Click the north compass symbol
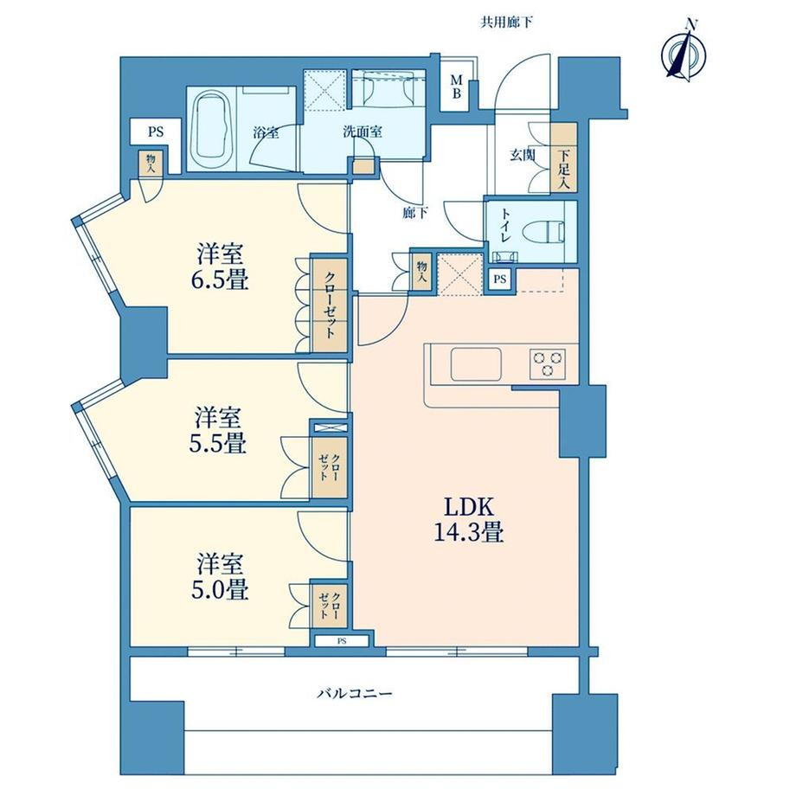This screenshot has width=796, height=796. (x=684, y=51)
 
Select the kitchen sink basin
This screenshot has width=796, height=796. (x=476, y=364)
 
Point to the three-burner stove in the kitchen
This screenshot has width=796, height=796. (x=547, y=364)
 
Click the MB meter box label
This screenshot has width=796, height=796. (x=457, y=87)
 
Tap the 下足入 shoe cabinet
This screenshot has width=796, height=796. (x=564, y=157)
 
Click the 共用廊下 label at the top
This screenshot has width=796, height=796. (x=507, y=22)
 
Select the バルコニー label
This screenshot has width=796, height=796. (x=355, y=693)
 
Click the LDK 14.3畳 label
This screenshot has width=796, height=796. (x=469, y=520)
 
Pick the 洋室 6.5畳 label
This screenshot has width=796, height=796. (x=221, y=267)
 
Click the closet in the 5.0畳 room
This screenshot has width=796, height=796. (x=330, y=606)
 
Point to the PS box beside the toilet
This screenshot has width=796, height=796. (x=501, y=279)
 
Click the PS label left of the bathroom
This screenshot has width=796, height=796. (x=156, y=132)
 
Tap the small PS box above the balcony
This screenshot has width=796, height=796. (x=342, y=641)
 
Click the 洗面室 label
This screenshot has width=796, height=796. (x=362, y=132)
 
